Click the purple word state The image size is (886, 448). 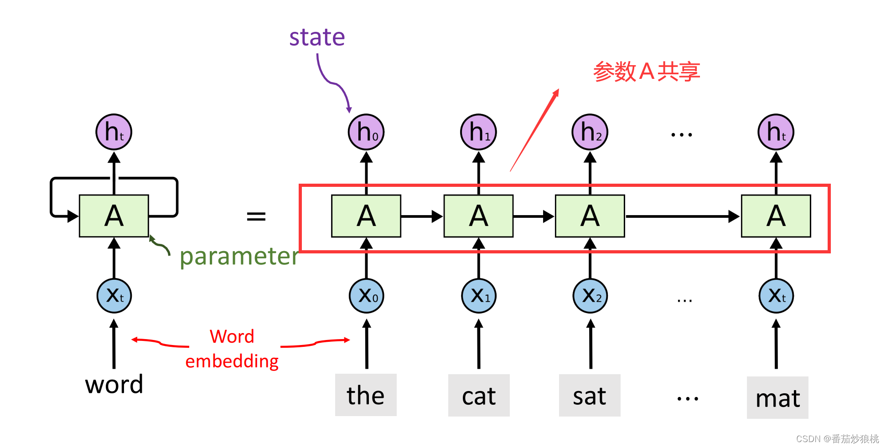click(317, 37)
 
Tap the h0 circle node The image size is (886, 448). click(366, 132)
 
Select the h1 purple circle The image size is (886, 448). click(478, 132)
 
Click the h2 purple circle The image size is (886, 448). click(590, 132)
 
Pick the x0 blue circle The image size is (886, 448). click(367, 296)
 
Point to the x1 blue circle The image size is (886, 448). click(479, 296)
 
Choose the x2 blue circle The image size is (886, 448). click(591, 296)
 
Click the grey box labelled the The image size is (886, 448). click(366, 395)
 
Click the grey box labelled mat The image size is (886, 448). click(777, 398)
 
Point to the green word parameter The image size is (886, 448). click(239, 256)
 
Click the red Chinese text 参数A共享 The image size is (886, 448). click(646, 72)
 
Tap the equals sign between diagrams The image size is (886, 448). click(256, 216)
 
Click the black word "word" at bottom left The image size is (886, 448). click(114, 384)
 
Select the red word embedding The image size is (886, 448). click(232, 361)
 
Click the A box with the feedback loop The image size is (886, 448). click(114, 216)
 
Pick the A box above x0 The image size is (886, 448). click(366, 216)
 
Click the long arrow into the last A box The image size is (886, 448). click(682, 216)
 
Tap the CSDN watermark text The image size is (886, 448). click(837, 438)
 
